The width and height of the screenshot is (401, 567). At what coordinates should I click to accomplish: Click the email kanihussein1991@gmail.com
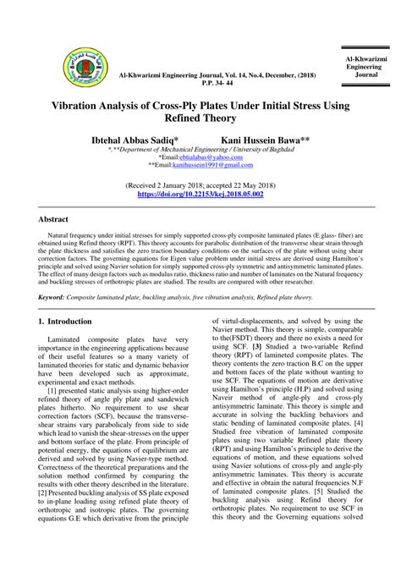[x=206, y=166]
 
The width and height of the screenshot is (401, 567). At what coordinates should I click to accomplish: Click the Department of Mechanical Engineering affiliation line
[x=200, y=149]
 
